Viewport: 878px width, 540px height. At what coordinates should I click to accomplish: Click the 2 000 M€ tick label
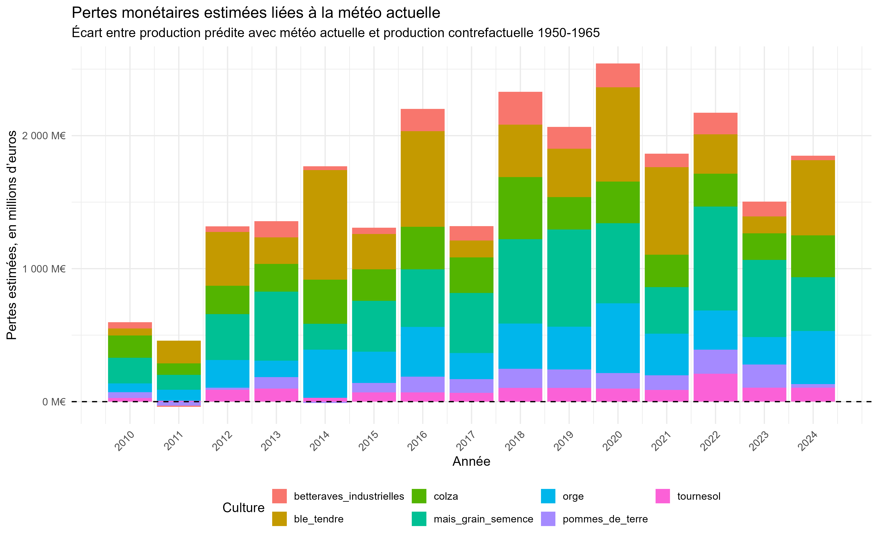44,136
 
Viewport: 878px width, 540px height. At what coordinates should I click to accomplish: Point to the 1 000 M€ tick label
44,269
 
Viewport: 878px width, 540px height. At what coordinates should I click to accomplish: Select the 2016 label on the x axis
417,441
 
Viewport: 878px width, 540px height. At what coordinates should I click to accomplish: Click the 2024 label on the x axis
808,441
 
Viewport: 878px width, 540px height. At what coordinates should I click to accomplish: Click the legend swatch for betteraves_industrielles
279,496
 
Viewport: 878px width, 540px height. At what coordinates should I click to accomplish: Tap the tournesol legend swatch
663,496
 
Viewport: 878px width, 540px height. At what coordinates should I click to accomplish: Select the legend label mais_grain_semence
483,519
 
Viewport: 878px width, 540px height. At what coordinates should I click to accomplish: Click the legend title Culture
243,508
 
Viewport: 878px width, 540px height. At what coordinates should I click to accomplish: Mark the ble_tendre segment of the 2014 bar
325,225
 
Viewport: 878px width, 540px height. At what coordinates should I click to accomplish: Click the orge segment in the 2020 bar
618,338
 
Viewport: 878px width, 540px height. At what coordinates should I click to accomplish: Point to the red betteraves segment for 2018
520,108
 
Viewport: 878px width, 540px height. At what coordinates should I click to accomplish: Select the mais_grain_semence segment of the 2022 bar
715,258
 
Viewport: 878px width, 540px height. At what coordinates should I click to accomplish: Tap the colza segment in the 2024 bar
813,256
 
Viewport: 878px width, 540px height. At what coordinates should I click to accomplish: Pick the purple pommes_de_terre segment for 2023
764,376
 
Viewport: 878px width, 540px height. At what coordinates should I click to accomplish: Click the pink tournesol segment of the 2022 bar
715,387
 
